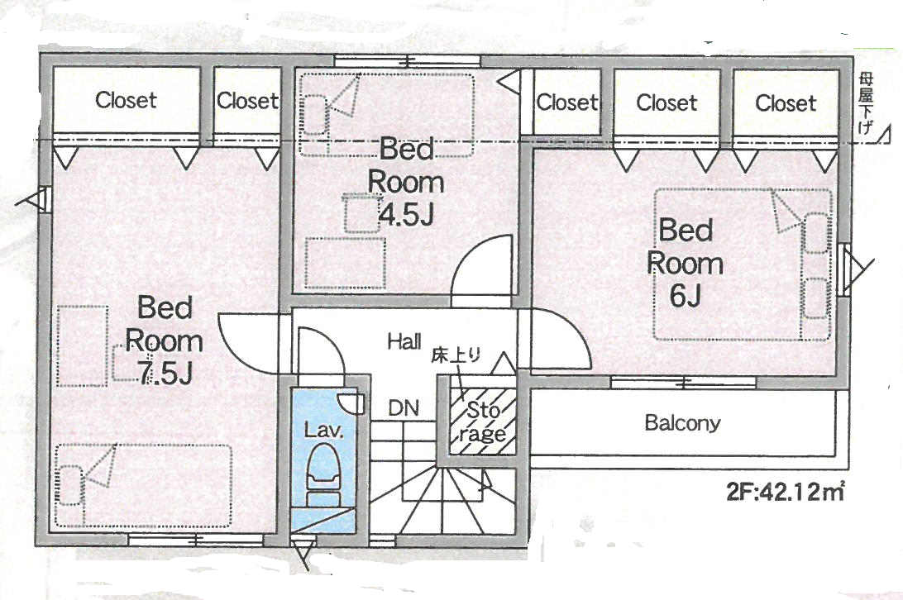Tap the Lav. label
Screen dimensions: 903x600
click(x=323, y=429)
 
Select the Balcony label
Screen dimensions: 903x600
click(x=682, y=423)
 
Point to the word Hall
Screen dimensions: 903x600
click(x=404, y=341)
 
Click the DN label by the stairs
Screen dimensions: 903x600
click(x=404, y=408)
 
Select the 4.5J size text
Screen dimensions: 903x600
click(x=406, y=216)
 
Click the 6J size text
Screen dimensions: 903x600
click(x=685, y=296)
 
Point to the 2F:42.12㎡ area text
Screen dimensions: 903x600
click(x=786, y=492)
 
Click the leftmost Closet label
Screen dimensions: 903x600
click(x=126, y=100)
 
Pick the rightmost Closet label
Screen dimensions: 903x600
click(x=786, y=103)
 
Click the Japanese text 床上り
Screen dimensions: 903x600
click(x=456, y=356)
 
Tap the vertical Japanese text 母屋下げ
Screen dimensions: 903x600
click(x=865, y=103)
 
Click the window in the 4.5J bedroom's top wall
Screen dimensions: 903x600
click(x=408, y=60)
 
